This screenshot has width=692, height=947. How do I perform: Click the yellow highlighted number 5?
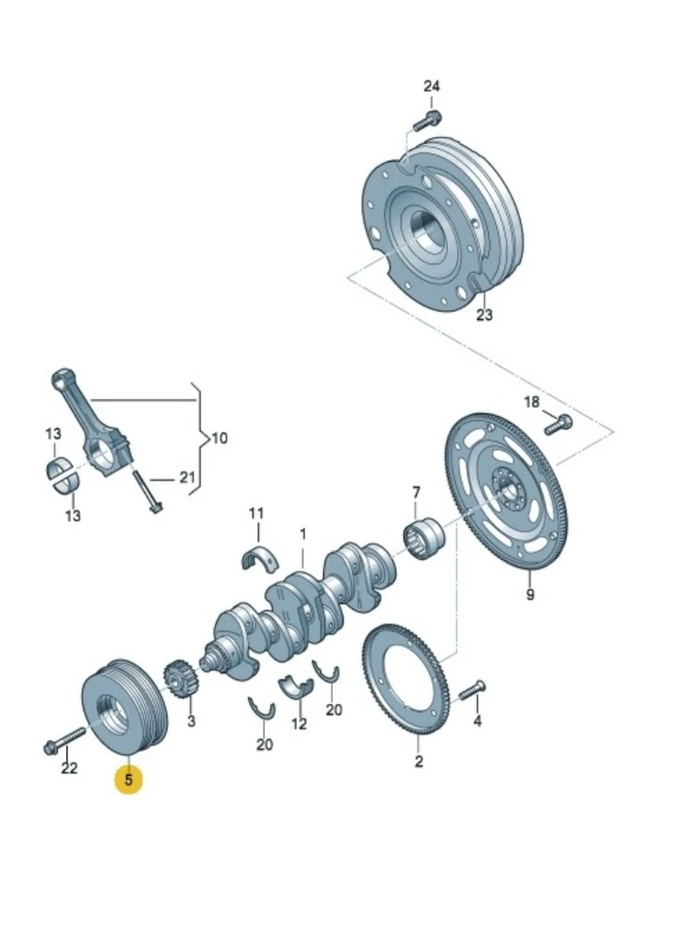coord(129,780)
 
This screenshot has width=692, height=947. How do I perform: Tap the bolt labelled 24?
coord(426,121)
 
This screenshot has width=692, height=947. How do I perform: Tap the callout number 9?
coord(530,594)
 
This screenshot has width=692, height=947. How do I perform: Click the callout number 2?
coord(419,762)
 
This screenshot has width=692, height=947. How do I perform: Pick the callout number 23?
coord(484,315)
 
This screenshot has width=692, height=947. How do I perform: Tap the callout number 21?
coord(186,477)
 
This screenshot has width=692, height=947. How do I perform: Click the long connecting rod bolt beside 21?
coord(146,489)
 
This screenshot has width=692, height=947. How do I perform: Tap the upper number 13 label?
coord(52,434)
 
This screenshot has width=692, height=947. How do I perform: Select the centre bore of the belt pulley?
coord(111,710)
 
